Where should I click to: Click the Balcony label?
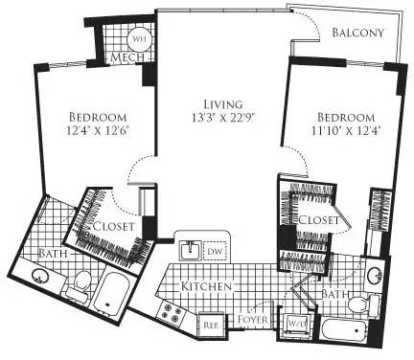[357, 32]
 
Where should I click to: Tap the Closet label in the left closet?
[112, 226]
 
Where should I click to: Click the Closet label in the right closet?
[316, 219]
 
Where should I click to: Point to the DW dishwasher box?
[215, 250]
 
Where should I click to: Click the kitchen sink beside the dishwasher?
[190, 250]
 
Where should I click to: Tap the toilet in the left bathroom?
[80, 281]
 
